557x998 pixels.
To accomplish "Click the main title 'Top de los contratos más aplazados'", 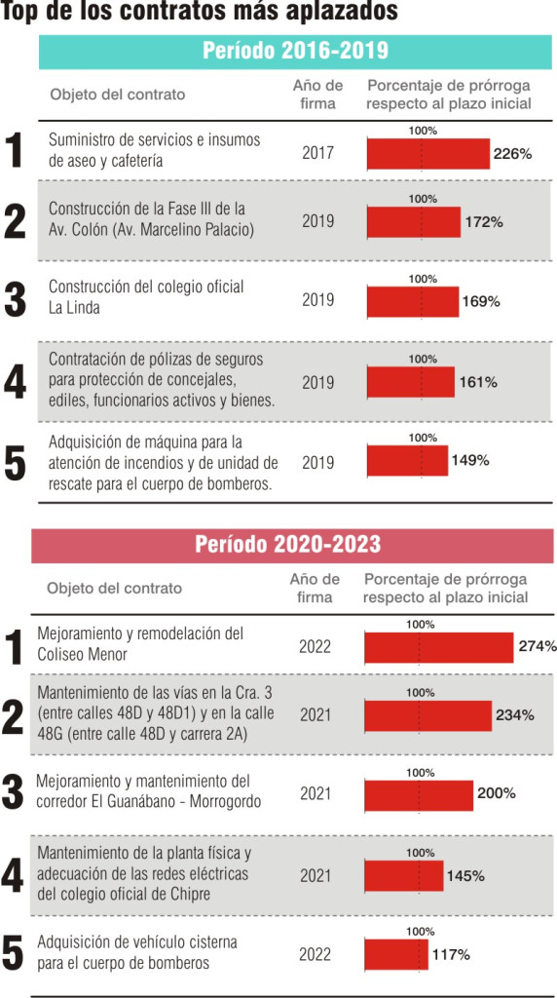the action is coord(200,12).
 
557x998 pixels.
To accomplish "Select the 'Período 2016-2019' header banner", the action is coord(296,53).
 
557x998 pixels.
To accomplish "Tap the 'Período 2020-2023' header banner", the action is coord(292,546).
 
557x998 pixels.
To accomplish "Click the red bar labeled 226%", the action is coord(428,154).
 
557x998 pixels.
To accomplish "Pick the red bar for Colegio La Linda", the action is coord(413,302).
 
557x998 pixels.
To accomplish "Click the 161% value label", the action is coord(477,382).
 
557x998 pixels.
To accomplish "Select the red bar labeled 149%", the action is coord(408,461).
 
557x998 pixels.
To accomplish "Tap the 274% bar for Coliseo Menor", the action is coord(439,648).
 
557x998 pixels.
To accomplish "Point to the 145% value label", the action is coord(466,876).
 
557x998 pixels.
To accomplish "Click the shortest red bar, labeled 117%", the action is coord(396,954).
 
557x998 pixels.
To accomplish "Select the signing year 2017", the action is coord(317,153).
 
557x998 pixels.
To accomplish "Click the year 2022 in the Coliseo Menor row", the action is coord(315,647).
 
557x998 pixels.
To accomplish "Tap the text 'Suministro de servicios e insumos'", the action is coord(155,140).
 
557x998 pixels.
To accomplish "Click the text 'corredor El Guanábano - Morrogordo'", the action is coord(149,801).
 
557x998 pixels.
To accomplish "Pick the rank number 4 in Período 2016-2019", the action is coord(15,382).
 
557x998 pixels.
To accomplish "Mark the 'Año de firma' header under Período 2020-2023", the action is coord(315,588).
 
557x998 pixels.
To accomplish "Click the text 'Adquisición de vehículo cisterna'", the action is coord(137,942).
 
